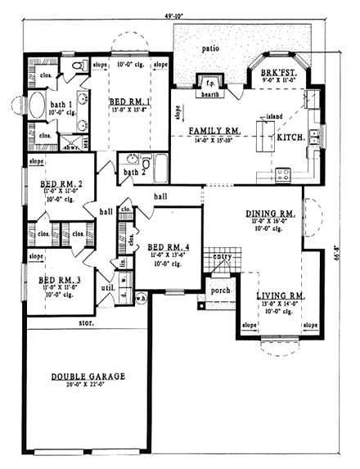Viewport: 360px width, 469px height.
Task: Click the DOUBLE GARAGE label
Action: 88,377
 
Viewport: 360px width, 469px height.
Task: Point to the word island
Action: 273,116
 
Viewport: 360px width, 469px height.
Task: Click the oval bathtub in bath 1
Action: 38,106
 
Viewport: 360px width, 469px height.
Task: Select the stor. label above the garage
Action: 86,323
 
